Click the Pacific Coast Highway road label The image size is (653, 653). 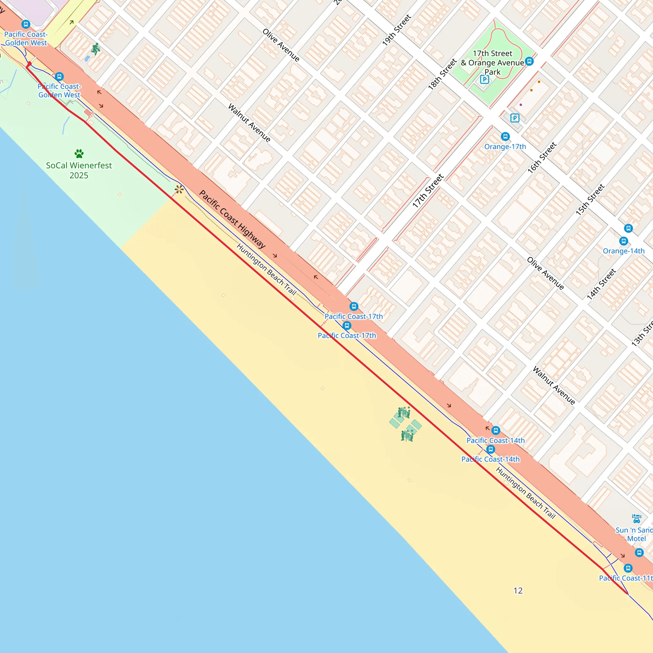pos(232,219)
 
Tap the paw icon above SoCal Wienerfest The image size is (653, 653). pos(79,154)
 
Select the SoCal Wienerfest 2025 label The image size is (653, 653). pos(79,170)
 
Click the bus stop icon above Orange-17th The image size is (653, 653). pos(505,136)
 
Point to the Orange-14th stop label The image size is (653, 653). pos(624,251)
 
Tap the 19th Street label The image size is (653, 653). pos(396,30)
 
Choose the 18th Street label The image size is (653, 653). pos(443,74)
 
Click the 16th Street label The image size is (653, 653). pos(542,158)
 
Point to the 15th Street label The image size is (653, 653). pos(590,200)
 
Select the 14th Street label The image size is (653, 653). pos(601,284)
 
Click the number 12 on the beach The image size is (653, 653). pos(518,591)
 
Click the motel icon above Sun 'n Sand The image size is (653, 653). pos(636,518)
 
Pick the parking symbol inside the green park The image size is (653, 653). pos(484,79)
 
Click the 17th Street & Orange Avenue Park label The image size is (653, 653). pos(492,63)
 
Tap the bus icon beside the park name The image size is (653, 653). pos(530,62)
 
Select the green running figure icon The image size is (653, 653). pos(96,49)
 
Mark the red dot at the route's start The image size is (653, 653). pos(29,63)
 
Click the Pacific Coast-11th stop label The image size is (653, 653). pos(625,578)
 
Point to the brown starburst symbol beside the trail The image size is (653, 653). pos(179,189)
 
